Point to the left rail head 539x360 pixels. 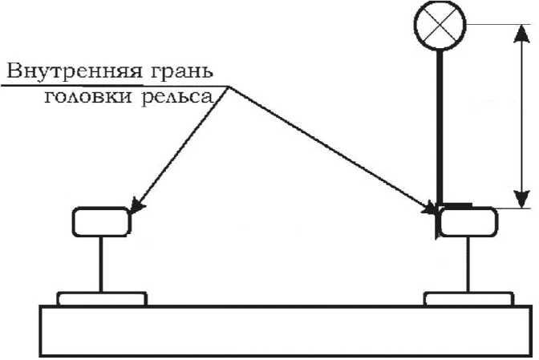(100, 222)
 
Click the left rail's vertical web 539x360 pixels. (101, 265)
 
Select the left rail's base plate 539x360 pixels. (102, 299)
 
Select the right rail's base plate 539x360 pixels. (468, 299)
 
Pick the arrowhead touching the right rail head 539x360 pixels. (431, 212)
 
